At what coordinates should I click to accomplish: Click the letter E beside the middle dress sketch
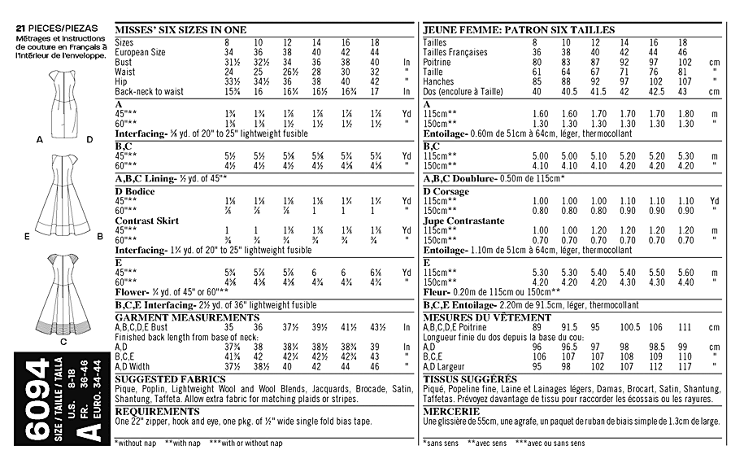(x=27, y=237)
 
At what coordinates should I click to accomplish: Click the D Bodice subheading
(x=135, y=191)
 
